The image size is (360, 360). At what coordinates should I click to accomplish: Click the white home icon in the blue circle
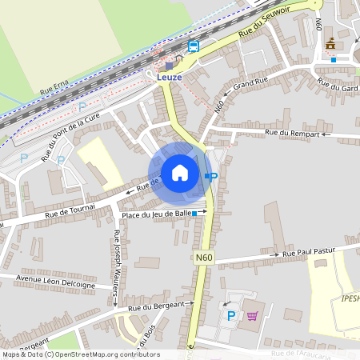point(180,172)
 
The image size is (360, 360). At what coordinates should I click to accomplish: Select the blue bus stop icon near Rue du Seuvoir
point(194,46)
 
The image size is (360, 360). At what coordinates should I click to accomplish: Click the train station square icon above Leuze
point(169,66)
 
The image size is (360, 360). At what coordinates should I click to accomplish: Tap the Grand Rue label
point(250,83)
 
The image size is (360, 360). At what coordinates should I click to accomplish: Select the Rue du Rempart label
point(297,133)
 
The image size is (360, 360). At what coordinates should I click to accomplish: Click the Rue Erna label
point(55,89)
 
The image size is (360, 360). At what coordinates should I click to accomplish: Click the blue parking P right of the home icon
point(213,175)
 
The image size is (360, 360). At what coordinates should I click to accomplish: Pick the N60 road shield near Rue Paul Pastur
point(203,258)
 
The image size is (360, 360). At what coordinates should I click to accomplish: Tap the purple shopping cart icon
point(253,316)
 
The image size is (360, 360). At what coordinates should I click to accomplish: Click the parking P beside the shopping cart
point(232,316)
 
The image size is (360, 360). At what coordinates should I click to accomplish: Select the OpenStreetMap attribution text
point(80,354)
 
